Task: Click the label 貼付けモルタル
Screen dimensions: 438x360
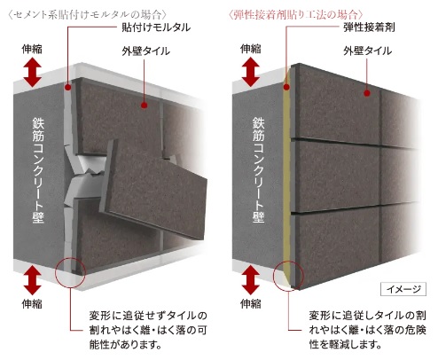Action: point(156,27)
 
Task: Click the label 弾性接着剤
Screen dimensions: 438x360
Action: point(369,27)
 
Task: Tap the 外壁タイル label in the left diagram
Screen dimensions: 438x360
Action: point(146,51)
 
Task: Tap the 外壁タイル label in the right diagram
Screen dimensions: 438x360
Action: point(367,51)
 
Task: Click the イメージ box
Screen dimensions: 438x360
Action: point(403,289)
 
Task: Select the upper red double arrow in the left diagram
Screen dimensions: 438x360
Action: point(32,72)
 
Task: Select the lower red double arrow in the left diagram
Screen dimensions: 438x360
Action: point(32,280)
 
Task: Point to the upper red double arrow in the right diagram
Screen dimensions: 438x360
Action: point(251,72)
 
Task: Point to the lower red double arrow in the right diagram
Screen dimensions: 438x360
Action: point(251,280)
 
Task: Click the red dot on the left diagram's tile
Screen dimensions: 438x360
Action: point(145,105)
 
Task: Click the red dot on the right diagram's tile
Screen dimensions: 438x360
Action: point(367,93)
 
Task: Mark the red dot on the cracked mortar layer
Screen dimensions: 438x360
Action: point(68,87)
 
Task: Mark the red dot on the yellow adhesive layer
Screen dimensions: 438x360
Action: point(286,87)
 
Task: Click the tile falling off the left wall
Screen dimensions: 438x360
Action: point(153,189)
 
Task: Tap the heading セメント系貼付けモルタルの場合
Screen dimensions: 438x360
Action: point(88,14)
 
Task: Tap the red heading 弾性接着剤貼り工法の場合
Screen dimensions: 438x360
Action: point(296,14)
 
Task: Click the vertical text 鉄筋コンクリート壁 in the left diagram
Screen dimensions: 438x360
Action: point(38,170)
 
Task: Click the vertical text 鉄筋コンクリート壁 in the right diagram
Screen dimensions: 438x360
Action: point(258,170)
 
